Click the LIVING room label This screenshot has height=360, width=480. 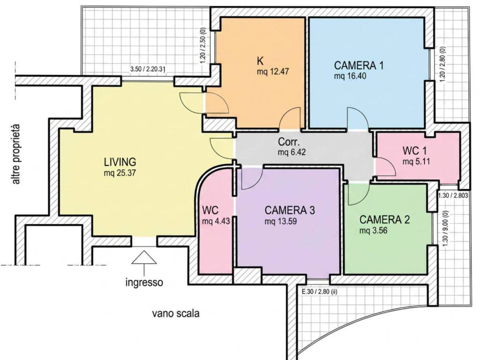[120, 161]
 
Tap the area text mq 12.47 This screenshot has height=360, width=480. [273, 72]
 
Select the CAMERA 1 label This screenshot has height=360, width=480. [359, 65]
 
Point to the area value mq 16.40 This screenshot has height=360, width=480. [350, 76]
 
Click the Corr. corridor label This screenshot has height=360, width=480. [289, 142]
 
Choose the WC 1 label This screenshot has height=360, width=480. [414, 150]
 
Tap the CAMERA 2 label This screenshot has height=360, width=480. [384, 219]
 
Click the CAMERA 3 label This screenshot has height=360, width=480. [290, 210]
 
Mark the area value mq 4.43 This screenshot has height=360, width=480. [216, 221]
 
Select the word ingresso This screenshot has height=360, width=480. [144, 282]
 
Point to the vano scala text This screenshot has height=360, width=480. [176, 314]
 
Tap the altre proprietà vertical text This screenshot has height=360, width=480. [16, 154]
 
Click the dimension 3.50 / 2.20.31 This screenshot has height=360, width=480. [148, 69]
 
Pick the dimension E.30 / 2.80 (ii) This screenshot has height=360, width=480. [319, 292]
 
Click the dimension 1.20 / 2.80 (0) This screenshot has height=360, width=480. [442, 64]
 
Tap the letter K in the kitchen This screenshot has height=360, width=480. [260, 61]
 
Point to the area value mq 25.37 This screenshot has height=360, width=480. [120, 173]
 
